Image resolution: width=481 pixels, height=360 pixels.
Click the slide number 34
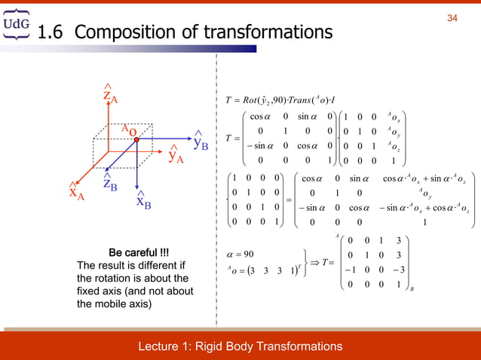(x=452, y=18)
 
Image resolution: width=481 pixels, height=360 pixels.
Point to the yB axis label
(x=200, y=142)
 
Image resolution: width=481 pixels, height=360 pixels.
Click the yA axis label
(x=176, y=154)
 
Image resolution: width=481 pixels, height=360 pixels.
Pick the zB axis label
(x=109, y=183)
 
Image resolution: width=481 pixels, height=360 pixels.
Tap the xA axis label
(x=76, y=191)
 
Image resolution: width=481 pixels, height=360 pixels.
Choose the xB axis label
(x=143, y=200)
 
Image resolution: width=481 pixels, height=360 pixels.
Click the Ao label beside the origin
(x=128, y=129)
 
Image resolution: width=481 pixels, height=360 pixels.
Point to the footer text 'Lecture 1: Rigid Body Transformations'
(x=240, y=346)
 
